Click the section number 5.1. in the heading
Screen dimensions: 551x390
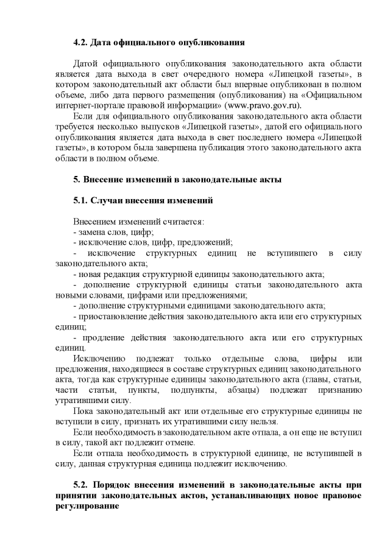(80, 200)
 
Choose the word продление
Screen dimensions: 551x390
(106, 337)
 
